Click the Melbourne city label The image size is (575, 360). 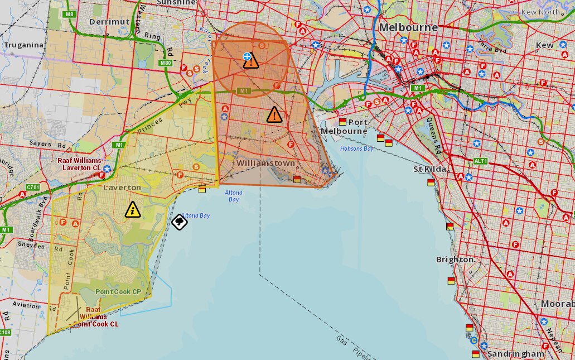click(x=408, y=27)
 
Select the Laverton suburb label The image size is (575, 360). click(x=122, y=188)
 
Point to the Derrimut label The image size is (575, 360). click(x=109, y=22)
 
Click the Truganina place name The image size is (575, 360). click(x=23, y=45)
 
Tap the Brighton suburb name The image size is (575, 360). click(x=455, y=260)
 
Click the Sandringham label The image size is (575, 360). click(x=515, y=354)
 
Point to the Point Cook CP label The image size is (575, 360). click(x=118, y=292)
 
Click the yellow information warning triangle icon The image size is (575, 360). click(x=133, y=210)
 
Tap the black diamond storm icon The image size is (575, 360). click(x=179, y=222)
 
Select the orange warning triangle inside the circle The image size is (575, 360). click(x=251, y=61)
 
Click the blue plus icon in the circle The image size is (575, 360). click(x=247, y=56)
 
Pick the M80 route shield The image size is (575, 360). click(x=165, y=63)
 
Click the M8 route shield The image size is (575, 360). click(x=69, y=14)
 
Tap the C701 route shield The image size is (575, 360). click(x=33, y=188)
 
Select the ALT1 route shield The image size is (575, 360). click(x=481, y=161)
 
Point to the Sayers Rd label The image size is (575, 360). click(x=40, y=143)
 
